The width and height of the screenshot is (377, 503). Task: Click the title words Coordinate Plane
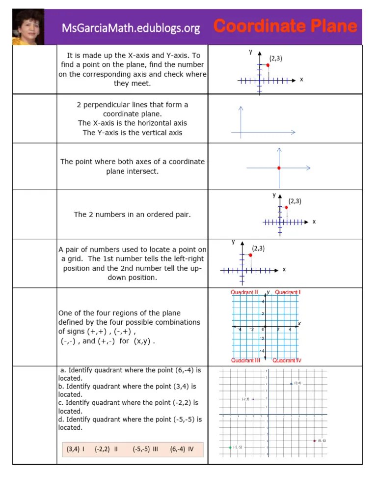tap(285, 26)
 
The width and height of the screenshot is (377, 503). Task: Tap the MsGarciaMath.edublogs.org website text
tap(131, 28)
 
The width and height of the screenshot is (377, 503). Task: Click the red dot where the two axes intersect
tap(279, 168)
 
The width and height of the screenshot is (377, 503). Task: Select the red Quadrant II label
tap(244, 292)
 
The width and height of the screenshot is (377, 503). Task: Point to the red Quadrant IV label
tap(287, 360)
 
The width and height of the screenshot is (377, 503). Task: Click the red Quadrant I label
tap(288, 292)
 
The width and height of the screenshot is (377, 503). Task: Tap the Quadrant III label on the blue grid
tap(245, 360)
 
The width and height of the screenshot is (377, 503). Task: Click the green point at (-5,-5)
tap(230, 447)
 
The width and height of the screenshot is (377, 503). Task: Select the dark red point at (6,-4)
tap(314, 441)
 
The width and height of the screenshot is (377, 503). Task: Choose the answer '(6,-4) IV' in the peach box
tap(182, 448)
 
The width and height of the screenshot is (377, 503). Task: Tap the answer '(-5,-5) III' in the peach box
tap(145, 448)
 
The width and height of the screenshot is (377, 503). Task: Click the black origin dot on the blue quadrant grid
tap(265, 326)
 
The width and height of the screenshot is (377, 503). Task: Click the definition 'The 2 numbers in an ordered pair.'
tap(132, 215)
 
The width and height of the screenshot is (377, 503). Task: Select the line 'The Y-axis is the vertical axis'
tap(132, 133)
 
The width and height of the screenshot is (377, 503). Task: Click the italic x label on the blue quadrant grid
tap(299, 323)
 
